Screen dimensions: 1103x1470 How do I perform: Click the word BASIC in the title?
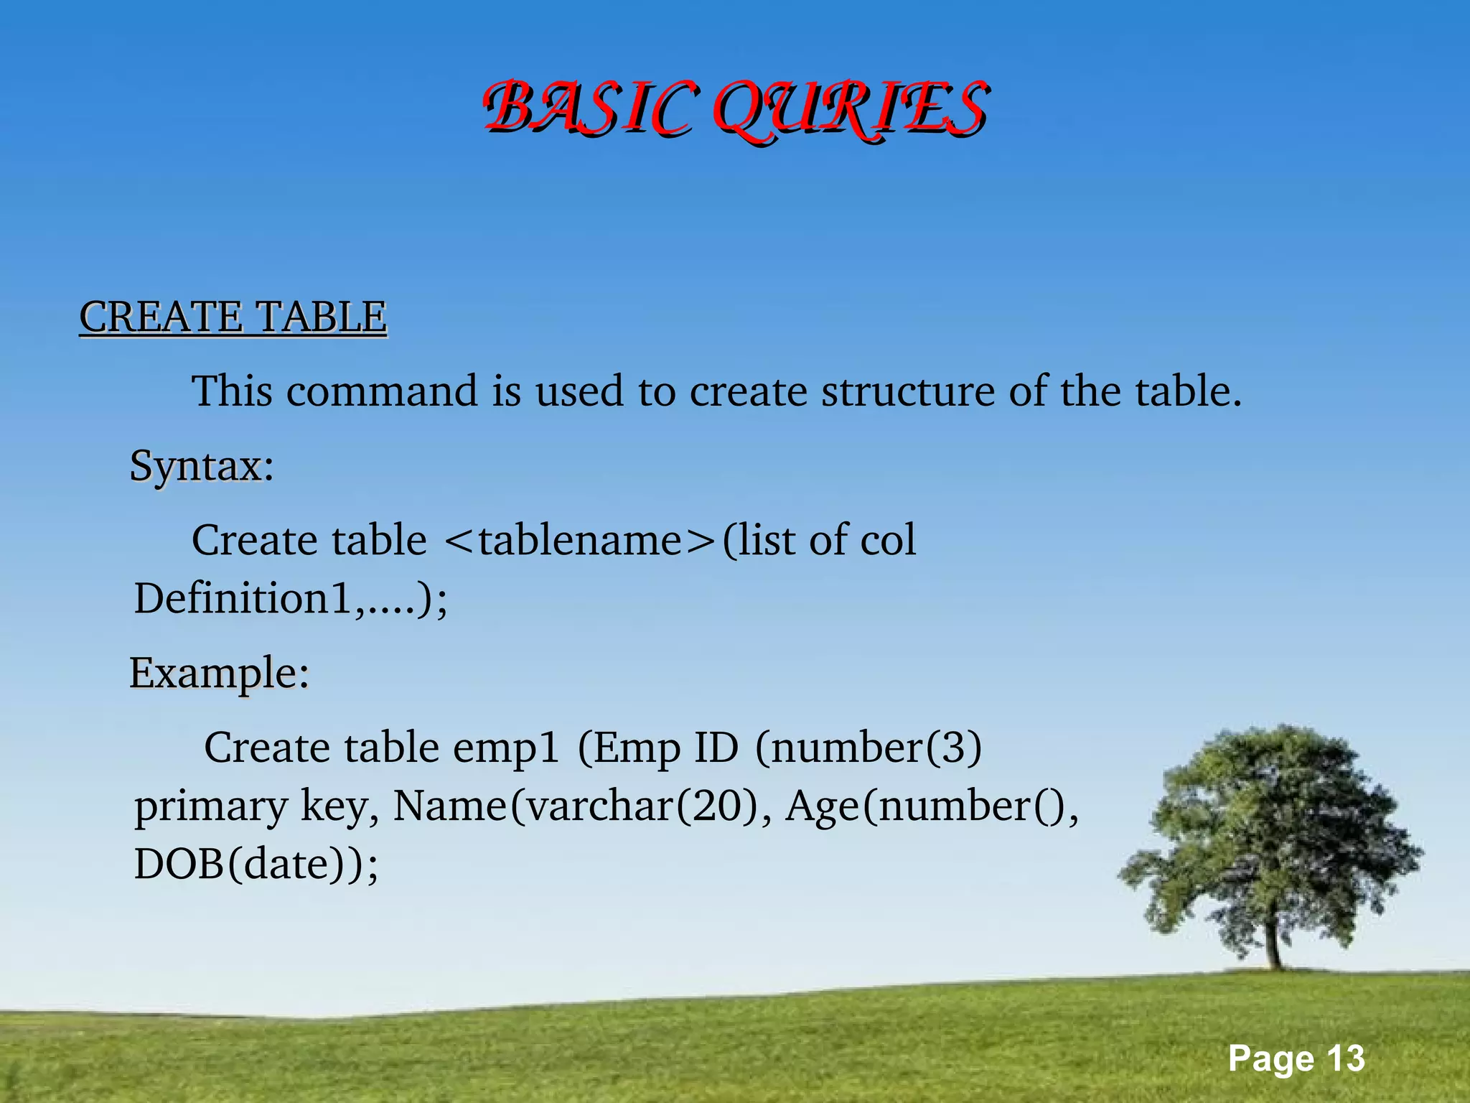click(x=589, y=109)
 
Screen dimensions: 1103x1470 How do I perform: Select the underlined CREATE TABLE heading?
click(x=233, y=317)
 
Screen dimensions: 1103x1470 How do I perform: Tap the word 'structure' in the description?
click(x=908, y=391)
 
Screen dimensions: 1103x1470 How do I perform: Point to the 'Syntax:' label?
click(x=202, y=466)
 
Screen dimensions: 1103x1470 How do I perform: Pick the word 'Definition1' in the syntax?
click(x=244, y=598)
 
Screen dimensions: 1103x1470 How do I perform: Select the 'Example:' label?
click(x=219, y=674)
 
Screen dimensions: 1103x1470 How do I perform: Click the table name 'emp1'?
click(x=505, y=748)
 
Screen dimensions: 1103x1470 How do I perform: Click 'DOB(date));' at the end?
click(x=256, y=864)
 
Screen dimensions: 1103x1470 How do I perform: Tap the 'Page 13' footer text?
click(x=1296, y=1058)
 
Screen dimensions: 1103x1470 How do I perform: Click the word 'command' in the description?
click(x=382, y=391)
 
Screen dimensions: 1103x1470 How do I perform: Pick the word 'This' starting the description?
click(x=232, y=391)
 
